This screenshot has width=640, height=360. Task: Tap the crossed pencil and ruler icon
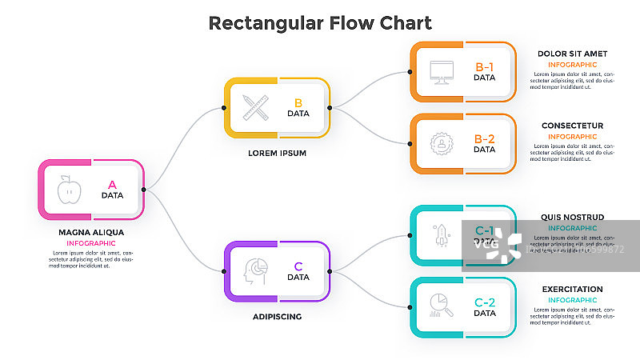click(x=254, y=107)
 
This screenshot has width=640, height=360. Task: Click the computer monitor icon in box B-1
click(x=440, y=72)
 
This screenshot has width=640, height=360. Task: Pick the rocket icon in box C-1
click(x=440, y=234)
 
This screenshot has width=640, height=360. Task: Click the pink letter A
click(x=112, y=185)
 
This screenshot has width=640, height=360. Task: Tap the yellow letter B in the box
click(x=298, y=102)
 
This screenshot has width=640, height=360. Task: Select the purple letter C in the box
click(x=298, y=266)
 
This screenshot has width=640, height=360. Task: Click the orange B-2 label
click(x=485, y=139)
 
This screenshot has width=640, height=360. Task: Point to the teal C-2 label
click(x=485, y=302)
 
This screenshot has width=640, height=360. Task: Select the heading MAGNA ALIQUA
click(x=91, y=233)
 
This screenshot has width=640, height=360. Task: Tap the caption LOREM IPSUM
click(x=278, y=152)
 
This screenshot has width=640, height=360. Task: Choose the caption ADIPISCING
click(x=278, y=316)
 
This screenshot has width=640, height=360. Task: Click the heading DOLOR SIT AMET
click(x=571, y=54)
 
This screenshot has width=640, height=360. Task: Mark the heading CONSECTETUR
click(x=572, y=126)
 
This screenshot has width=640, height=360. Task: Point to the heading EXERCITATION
click(x=572, y=289)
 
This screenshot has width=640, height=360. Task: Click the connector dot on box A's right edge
click(x=144, y=190)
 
